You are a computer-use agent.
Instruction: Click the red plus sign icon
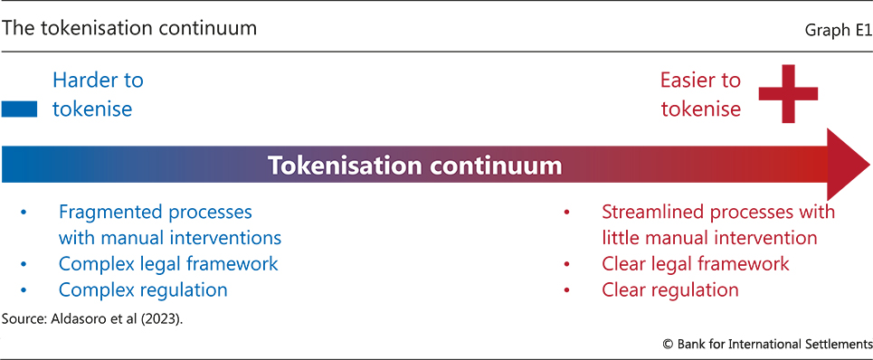788,93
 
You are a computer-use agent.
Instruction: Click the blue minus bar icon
20,109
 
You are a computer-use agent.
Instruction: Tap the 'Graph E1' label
839,31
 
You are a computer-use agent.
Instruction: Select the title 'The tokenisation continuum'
129,28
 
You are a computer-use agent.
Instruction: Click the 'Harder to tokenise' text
98,95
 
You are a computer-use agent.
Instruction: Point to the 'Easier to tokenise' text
700,95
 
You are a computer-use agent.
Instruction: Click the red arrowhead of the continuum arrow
848,164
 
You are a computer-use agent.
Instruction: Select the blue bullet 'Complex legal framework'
168,264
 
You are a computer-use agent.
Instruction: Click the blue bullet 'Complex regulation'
143,289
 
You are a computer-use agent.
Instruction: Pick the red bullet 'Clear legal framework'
696,264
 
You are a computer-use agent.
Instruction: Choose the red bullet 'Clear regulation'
670,289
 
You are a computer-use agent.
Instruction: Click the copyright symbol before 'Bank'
669,345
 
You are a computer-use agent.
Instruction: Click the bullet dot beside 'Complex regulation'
24,290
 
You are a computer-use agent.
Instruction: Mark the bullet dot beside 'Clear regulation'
567,290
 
